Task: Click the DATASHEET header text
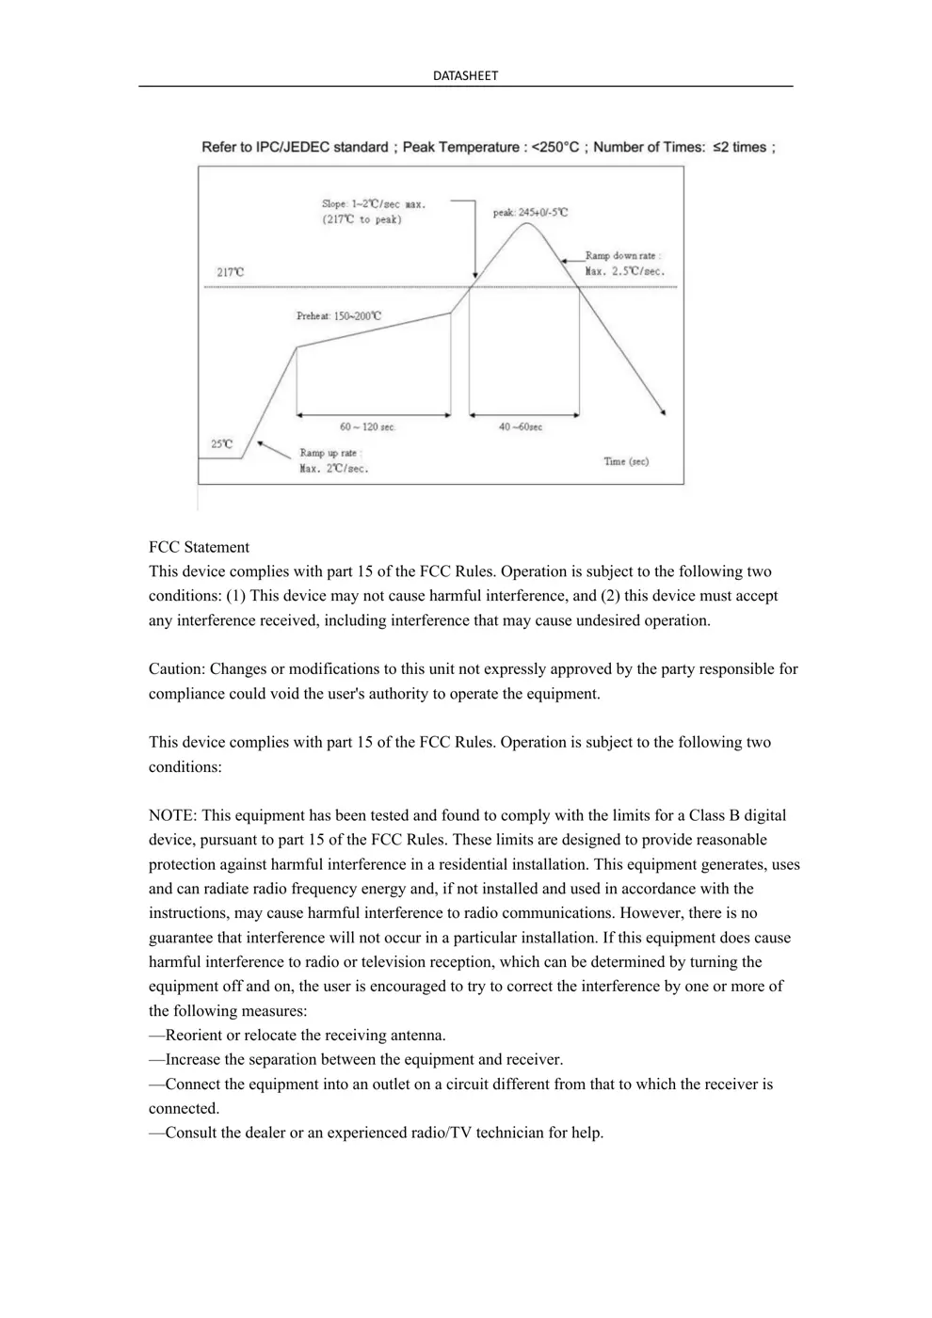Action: pos(465,75)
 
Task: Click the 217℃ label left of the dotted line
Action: pos(231,272)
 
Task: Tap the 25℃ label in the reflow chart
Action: pos(221,443)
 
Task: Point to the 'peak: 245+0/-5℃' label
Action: pos(530,213)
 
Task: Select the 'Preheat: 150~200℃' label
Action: pos(339,316)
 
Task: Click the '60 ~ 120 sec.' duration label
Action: pos(367,427)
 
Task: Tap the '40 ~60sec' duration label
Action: pos(521,427)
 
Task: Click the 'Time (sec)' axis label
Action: pos(626,461)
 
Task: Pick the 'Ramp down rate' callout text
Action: pos(622,255)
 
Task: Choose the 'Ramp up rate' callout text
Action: pos(329,453)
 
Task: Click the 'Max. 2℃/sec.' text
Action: pos(334,468)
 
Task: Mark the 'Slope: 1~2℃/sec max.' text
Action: pos(374,203)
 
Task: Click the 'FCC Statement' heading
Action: pos(199,547)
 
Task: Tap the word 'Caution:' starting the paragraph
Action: pos(177,669)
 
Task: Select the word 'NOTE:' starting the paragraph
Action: pos(173,815)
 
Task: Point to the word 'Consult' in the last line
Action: pos(191,1133)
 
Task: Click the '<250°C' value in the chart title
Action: pos(555,147)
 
